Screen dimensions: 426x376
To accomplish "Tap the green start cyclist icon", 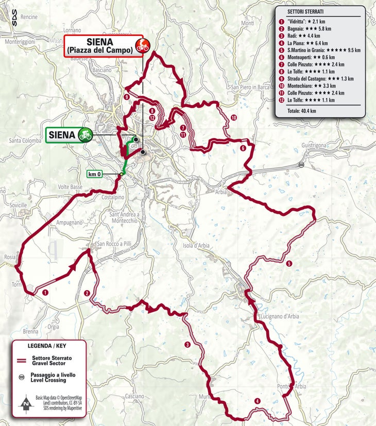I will tap(85, 135).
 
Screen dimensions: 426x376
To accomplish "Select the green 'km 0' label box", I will tap(95, 174).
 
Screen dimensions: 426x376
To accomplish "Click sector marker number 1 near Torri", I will tap(46, 293).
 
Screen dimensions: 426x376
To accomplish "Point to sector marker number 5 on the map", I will tap(289, 264).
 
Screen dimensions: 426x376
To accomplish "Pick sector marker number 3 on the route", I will tap(187, 345).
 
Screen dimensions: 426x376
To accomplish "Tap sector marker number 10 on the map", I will tap(234, 118).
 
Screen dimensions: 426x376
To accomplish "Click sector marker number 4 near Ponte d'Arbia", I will tap(257, 401).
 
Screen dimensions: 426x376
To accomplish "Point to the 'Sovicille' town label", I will tap(18, 205).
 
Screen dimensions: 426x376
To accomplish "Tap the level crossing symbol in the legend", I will tap(22, 377).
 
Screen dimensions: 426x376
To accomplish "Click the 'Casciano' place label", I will tap(134, 396).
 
